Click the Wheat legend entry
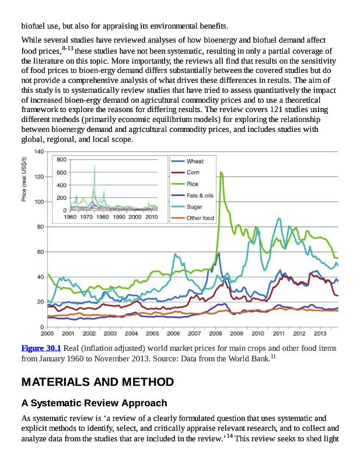195,161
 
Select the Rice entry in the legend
193,184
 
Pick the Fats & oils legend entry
200,196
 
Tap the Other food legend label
200,218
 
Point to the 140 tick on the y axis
39,152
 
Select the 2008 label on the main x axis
215,333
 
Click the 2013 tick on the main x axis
320,333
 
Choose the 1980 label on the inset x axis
103,217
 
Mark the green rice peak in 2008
221,172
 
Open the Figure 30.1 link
41,348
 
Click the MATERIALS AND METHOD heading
97,382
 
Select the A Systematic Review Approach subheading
94,403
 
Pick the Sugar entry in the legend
194,207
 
